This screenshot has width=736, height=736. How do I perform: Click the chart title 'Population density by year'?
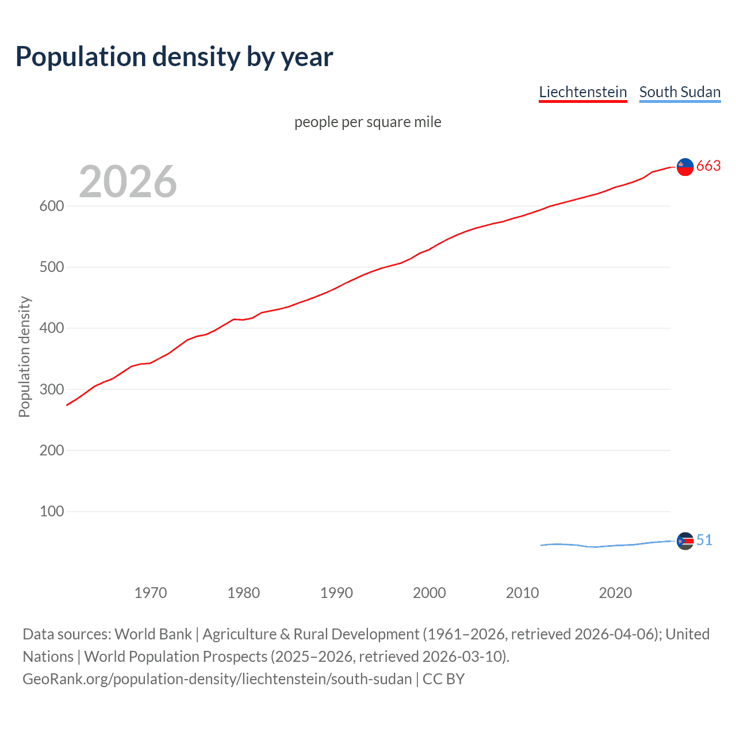coord(174,57)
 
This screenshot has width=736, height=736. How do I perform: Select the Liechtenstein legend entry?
coord(582,92)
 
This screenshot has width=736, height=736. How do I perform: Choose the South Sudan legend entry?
coord(680,92)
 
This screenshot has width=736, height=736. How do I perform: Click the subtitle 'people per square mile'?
coord(367,122)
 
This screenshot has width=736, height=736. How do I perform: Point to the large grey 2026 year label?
coord(128,182)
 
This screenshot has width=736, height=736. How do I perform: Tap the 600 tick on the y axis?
coord(51,206)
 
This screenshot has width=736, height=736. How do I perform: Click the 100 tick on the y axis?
coord(51,511)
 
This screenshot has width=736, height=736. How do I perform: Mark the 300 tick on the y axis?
coord(51,389)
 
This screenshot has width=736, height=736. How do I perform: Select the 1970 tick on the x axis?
coord(151,593)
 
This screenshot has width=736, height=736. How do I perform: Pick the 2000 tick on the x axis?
coord(429,593)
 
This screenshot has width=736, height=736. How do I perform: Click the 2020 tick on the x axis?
coord(615,593)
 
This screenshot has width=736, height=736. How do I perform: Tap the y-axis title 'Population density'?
coord(24,356)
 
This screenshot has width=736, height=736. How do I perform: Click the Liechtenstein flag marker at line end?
coord(685,167)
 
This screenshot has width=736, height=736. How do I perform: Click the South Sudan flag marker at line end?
coord(685,541)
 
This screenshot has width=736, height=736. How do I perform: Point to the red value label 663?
coord(708,166)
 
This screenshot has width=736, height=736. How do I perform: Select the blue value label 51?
coord(704,540)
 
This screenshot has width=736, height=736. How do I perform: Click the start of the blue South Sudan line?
coord(542,545)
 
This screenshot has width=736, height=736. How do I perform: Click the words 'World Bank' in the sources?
coord(153,634)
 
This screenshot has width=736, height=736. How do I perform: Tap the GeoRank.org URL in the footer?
coord(217,679)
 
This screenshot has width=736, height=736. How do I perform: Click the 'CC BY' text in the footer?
coord(443,679)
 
